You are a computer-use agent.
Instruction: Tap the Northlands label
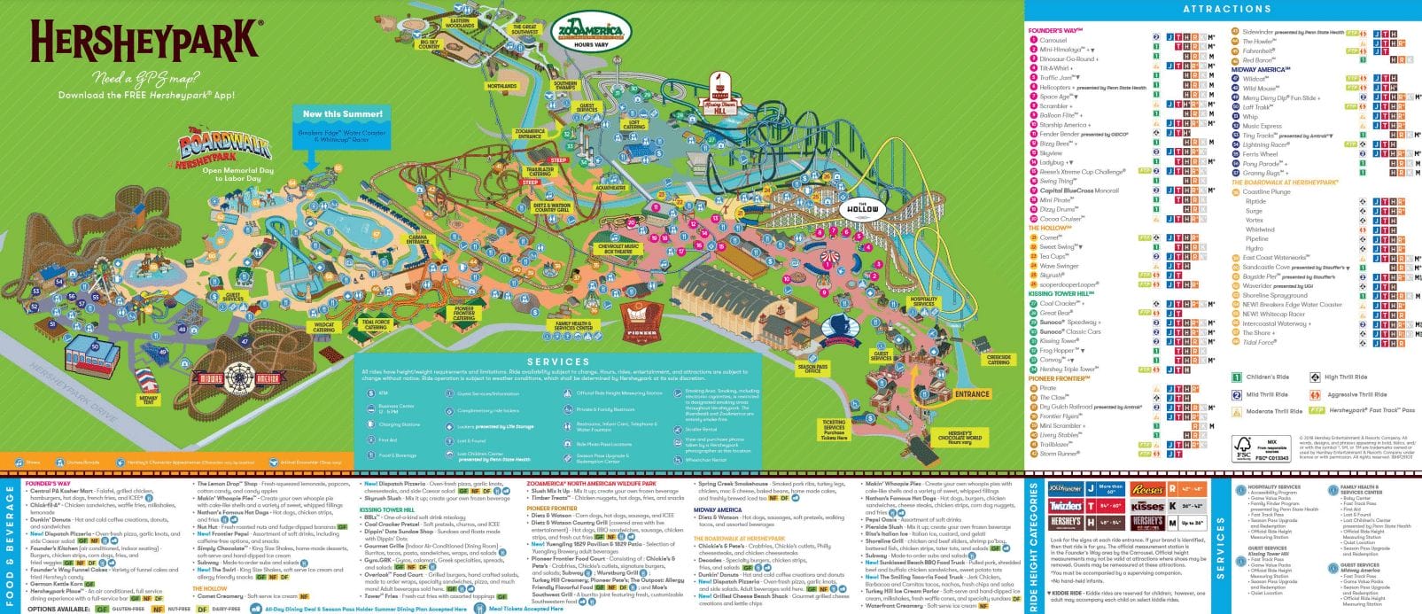pos(501,87)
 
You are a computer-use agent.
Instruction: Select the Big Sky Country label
pos(429,43)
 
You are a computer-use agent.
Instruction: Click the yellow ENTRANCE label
pos(971,394)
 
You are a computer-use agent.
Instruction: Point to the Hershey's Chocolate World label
pos(960,438)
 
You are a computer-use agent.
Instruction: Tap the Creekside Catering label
pos(999,360)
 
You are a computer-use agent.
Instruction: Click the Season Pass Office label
pos(812,368)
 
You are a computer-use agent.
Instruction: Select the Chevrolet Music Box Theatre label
pos(618,249)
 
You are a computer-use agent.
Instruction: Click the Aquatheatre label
pos(610,188)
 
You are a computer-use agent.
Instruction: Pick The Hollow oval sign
pos(861,210)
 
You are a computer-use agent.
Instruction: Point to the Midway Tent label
pos(148,400)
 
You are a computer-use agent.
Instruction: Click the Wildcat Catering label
pos(324,328)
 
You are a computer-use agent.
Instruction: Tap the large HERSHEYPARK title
pos(146,42)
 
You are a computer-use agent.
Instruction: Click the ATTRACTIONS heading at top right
pos(1226,9)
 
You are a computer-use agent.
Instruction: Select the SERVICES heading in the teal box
pos(558,361)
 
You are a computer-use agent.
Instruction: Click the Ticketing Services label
pos(834,430)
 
